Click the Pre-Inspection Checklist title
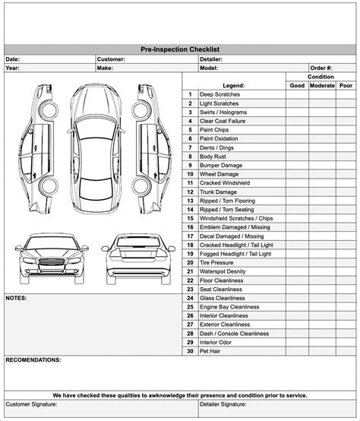tap(179, 49)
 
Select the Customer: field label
tap(111, 59)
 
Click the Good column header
tap(297, 86)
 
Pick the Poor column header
tap(346, 86)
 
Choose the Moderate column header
tap(321, 86)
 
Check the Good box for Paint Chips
tap(297, 130)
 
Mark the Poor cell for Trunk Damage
tap(346, 192)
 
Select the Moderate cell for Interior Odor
tap(321, 342)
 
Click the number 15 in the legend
tap(189, 218)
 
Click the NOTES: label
tap(16, 298)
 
